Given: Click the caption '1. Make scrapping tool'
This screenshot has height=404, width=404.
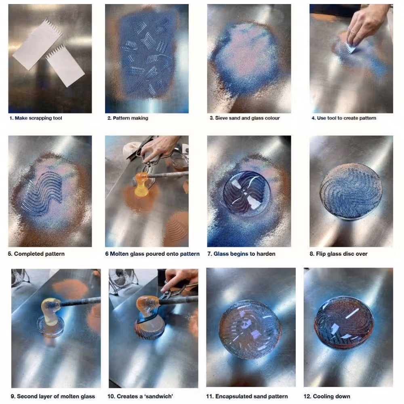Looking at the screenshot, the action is pos(36,118).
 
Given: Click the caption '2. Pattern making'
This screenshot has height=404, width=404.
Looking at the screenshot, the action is pos(128,118).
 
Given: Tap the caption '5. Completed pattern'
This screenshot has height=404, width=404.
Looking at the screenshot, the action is pos(36,254).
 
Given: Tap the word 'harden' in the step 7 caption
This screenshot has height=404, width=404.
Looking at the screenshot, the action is pos(266,254).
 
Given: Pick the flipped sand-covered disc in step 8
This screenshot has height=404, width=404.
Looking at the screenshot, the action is pos(351,191).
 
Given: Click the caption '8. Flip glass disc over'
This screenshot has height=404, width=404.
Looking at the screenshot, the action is pos(339,254).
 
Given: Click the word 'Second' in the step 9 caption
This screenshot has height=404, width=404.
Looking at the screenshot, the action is pos(26,396).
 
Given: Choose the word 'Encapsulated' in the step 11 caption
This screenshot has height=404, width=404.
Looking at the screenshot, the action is pos(233,396).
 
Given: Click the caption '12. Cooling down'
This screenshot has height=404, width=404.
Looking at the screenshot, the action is pos(327,396).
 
